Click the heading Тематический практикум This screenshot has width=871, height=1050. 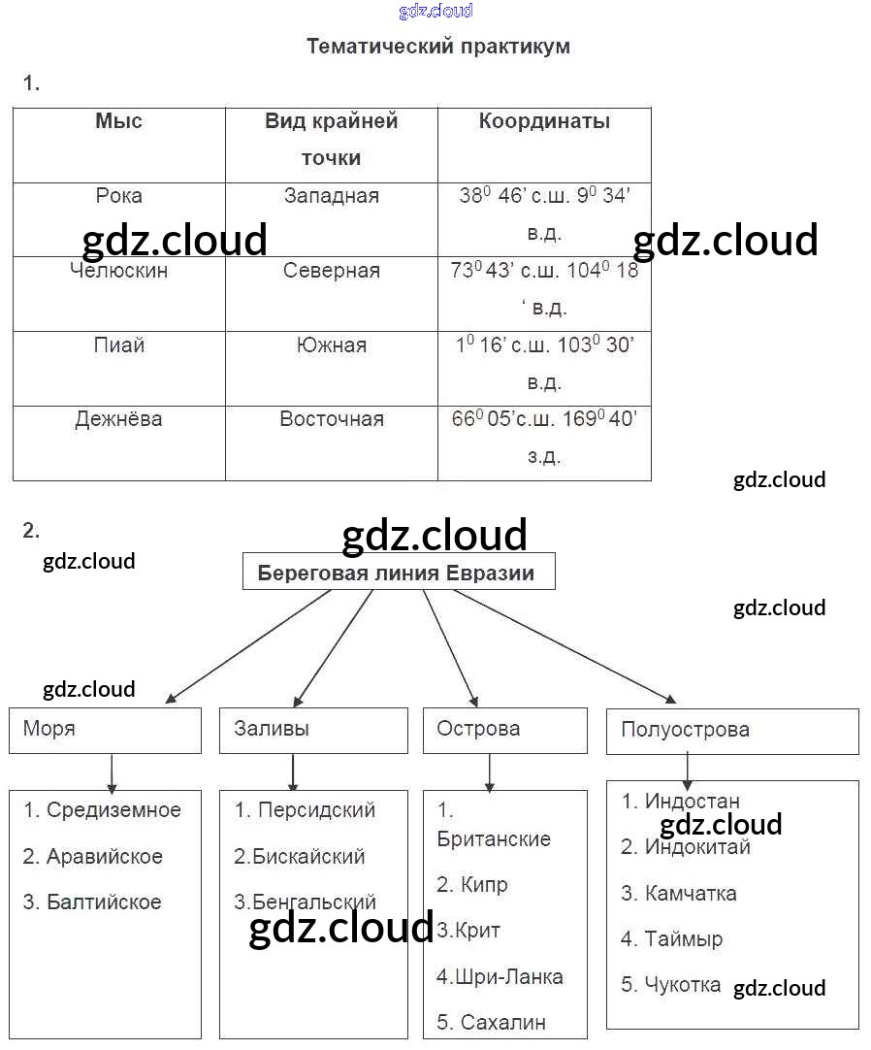pos(438,46)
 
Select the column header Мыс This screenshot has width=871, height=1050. pos(118,121)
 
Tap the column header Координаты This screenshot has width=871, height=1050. pos(544,121)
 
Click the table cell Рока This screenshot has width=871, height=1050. pos(118,196)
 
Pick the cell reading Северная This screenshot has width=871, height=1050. pos(332,271)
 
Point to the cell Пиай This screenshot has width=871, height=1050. pos(118,345)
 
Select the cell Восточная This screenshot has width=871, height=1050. pos(332,419)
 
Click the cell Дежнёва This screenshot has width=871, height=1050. pos(118,419)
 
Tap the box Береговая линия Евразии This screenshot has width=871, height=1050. pos(399,573)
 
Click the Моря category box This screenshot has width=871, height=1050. pos(105,730)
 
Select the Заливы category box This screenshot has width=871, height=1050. pos(313,730)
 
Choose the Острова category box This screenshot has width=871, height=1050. pos(504,730)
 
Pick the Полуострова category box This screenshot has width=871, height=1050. pos(732,731)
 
